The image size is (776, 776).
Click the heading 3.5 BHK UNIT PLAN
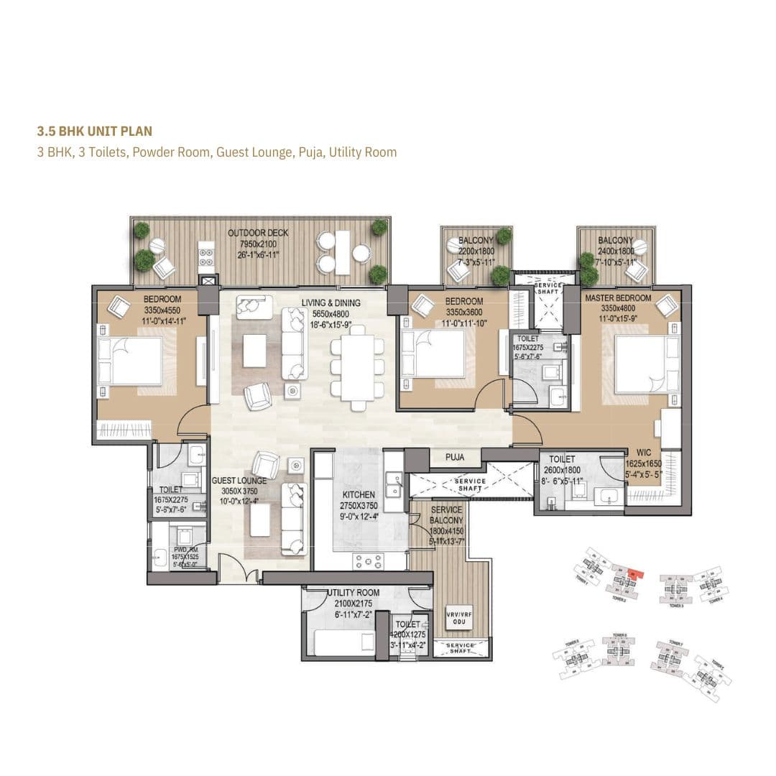click(94, 131)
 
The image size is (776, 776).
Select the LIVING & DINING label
click(331, 303)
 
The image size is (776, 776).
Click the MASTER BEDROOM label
click(618, 298)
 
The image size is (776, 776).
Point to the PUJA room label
click(454, 457)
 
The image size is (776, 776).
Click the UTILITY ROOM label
click(354, 593)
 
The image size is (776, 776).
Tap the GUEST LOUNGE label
click(239, 481)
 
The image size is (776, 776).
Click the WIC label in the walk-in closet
click(644, 453)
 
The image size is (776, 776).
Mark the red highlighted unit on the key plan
click(634, 573)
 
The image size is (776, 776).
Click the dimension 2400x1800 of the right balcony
click(616, 251)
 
